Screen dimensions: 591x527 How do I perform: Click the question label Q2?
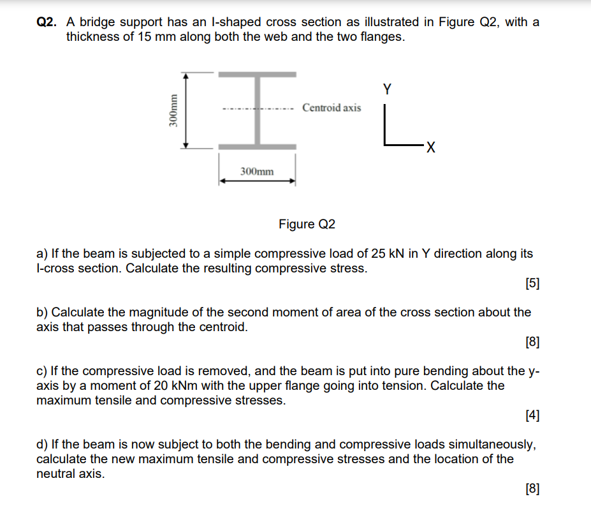coord(47,22)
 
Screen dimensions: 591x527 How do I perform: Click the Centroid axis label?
coord(331,107)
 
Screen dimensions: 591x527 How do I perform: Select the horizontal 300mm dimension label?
coord(257,171)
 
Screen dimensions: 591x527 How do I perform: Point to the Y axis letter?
coord(387,89)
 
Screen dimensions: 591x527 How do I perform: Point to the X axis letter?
coord(431,149)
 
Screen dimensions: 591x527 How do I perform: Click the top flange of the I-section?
coord(258,75)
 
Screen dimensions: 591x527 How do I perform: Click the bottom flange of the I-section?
coord(258,147)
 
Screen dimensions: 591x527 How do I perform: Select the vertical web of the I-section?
coord(258,121)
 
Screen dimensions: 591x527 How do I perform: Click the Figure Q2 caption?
coord(307,224)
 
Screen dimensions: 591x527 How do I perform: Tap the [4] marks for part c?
coord(532,416)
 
